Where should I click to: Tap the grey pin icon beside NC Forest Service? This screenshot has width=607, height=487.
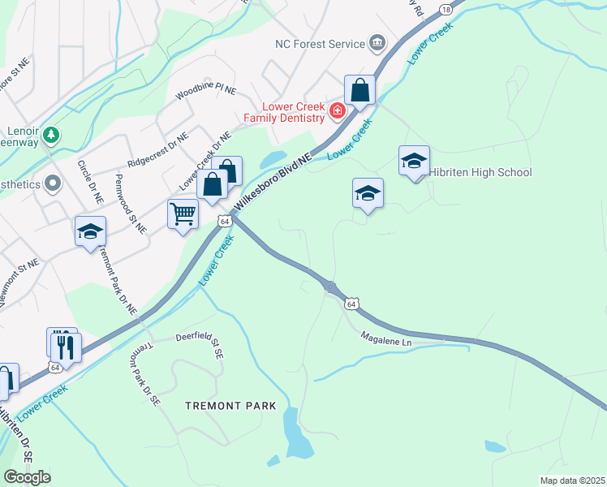[377, 42]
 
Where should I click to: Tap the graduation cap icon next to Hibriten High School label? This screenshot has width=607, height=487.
[414, 160]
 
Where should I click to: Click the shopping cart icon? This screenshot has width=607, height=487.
[183, 214]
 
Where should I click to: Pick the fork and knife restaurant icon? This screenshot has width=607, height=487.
[66, 347]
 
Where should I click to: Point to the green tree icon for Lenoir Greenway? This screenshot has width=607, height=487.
[51, 134]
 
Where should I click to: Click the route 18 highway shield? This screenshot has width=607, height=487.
[445, 9]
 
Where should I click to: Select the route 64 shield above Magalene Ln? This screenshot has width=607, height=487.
[350, 304]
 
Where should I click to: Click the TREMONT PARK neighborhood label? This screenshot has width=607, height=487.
[230, 406]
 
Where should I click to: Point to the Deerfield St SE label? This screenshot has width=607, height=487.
[200, 343]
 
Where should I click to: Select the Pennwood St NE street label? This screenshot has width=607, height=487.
[131, 204]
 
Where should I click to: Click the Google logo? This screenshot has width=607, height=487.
[28, 477]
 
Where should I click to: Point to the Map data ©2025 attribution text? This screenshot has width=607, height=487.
[572, 481]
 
